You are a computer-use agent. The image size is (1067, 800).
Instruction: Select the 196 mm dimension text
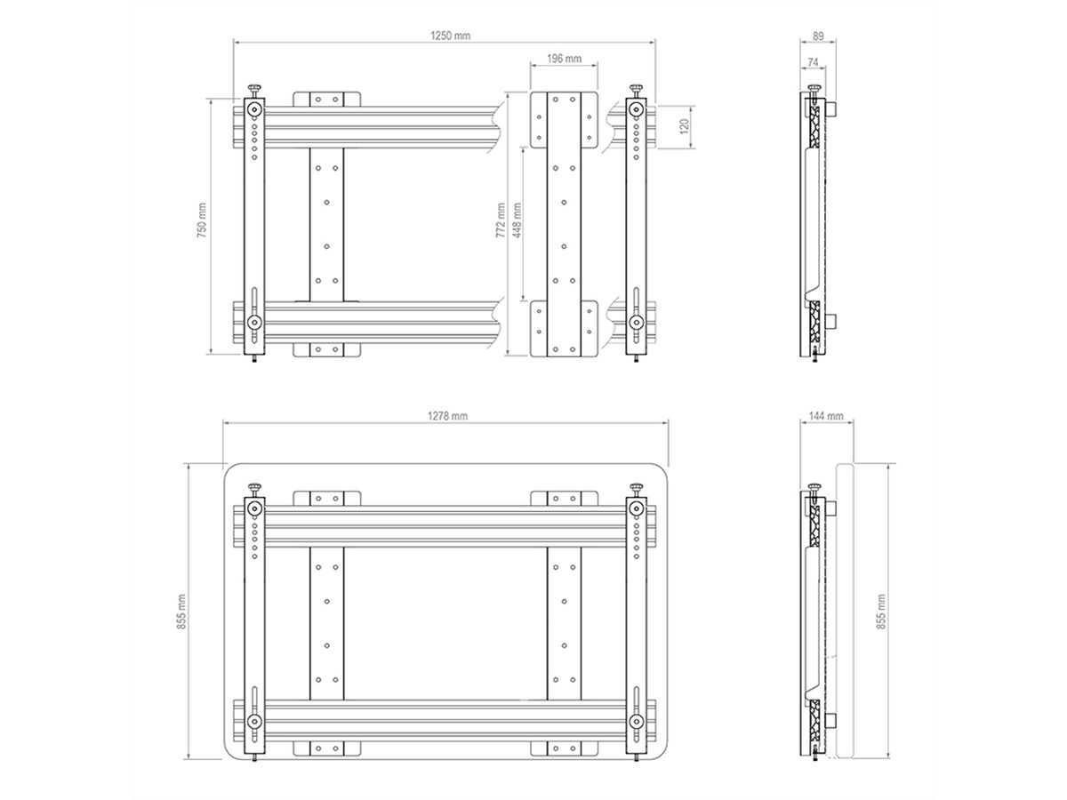[564, 59]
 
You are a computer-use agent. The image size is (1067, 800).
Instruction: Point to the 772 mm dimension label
[501, 221]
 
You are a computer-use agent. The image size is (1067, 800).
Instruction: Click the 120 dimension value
[684, 127]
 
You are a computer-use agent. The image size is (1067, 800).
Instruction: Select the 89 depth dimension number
[817, 36]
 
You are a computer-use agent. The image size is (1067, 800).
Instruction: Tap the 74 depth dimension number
[813, 62]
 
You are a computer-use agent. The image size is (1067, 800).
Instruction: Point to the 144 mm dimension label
[827, 416]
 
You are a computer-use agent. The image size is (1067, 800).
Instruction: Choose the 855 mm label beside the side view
[881, 612]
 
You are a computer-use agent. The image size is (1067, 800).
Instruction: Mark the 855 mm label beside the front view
[181, 612]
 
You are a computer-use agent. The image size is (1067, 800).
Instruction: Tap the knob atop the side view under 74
[814, 88]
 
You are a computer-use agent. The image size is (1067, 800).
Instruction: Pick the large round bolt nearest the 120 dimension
[637, 109]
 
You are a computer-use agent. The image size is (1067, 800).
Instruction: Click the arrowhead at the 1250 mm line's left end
[237, 41]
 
